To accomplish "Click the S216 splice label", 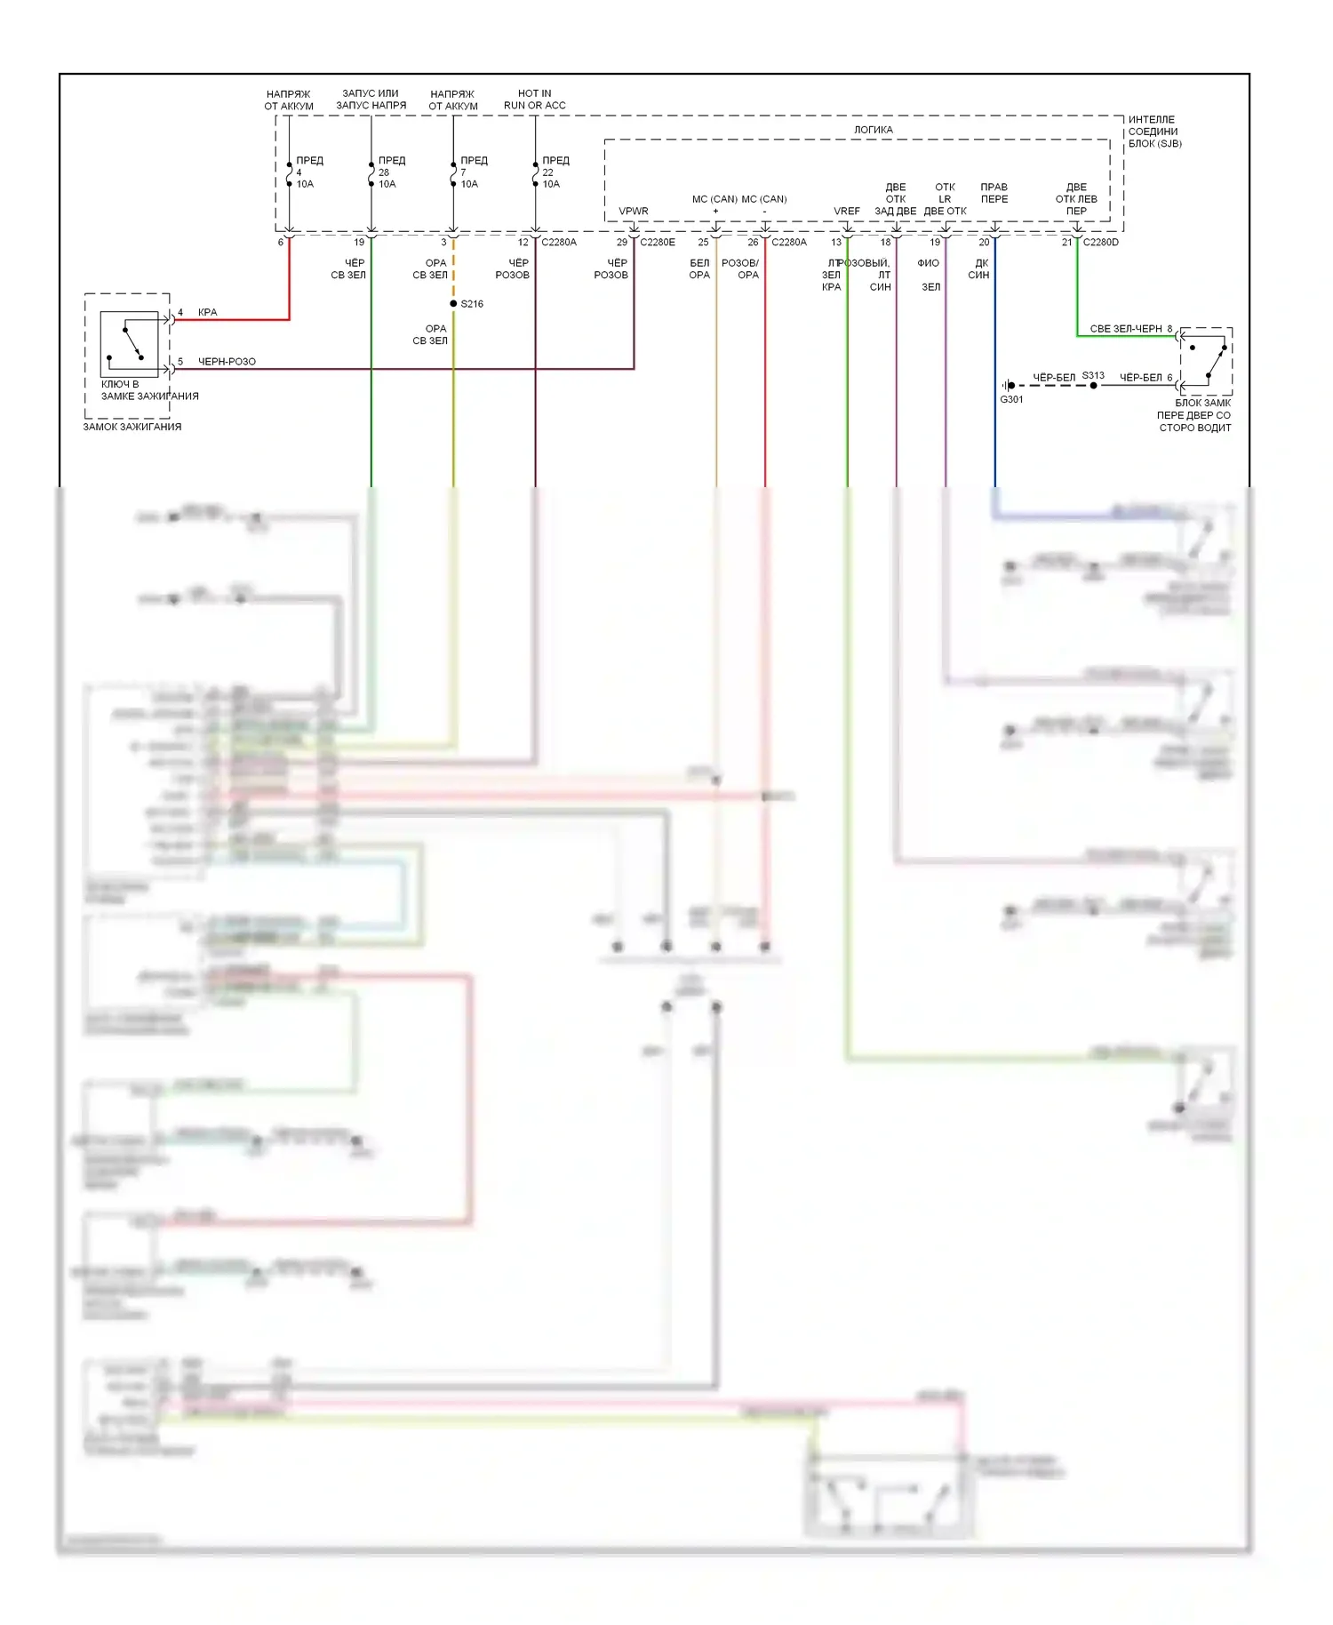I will coord(472,304).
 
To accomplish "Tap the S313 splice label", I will coord(1093,376).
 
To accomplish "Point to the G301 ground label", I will coord(1011,399).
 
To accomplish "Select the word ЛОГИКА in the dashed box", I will coord(874,130).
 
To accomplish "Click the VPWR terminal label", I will coord(634,212).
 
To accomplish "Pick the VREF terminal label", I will coord(846,212).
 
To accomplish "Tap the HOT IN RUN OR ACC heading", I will coord(535,100).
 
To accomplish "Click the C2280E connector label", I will coord(658,242).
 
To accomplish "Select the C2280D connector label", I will coord(1101,242).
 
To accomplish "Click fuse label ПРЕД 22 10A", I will coord(555,172).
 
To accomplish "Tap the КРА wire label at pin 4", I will coord(207,313).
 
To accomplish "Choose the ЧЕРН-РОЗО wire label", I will coord(227,362).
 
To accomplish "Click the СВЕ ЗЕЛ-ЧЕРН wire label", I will coord(1126,329).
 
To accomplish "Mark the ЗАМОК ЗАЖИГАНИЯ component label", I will coord(132,427).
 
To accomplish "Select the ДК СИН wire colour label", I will coord(979,269).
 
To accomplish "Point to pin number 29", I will coord(622,242).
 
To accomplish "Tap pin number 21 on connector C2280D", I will coord(1067,242).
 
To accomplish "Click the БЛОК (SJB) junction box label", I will coord(1154,143).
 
